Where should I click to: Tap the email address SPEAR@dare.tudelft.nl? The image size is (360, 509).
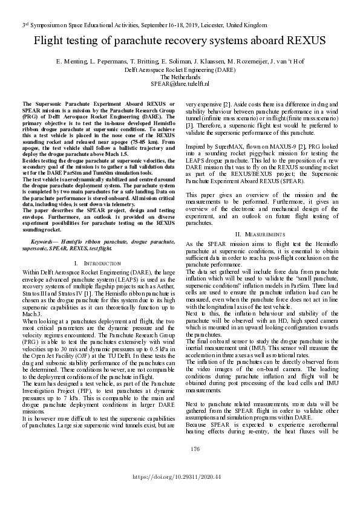pos(180,86)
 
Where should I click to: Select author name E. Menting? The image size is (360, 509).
pos(71,62)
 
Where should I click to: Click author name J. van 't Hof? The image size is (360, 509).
pos(282,62)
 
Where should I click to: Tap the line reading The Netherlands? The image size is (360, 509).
pos(180,78)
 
